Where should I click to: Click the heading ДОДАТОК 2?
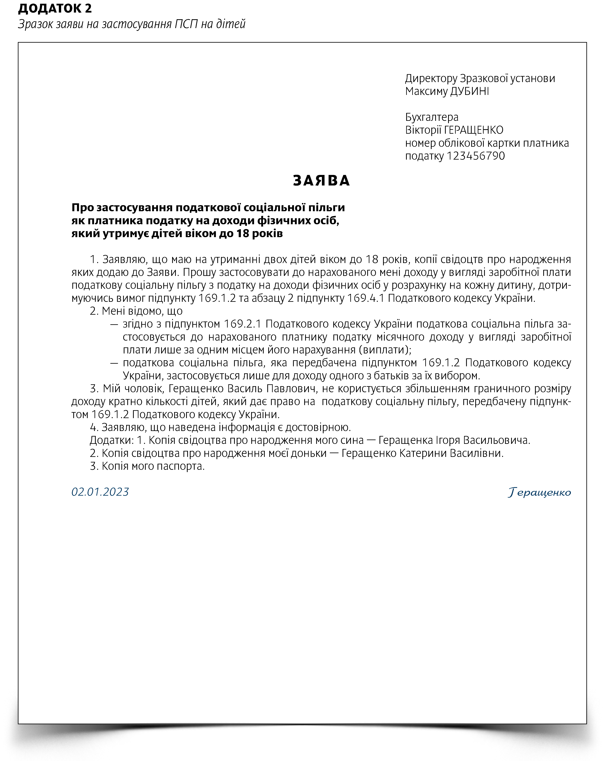coord(55,9)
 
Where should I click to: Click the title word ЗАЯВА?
coord(321,181)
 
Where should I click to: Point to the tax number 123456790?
coord(476,156)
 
